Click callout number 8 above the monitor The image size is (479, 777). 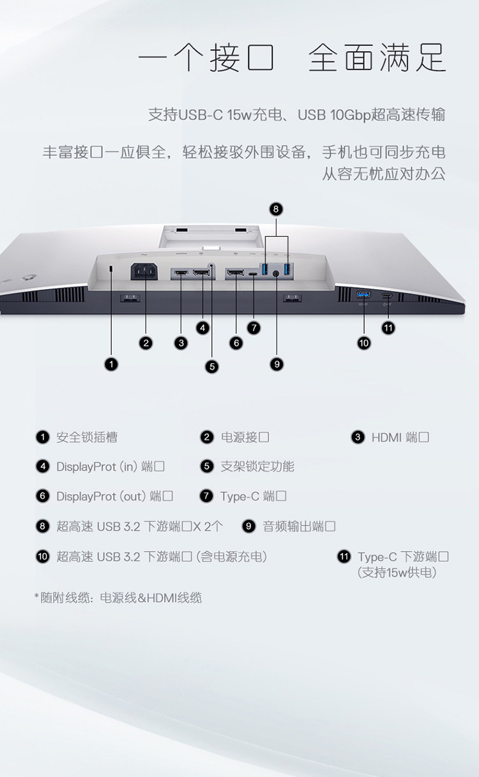pos(276,209)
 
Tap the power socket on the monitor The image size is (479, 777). pos(144,271)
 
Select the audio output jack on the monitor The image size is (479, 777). pos(277,274)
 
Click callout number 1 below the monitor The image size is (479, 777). pos(111,364)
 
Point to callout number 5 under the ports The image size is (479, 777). pos(212,366)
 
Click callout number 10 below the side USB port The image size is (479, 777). pos(364,343)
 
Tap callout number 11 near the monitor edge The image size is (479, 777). pos(388,328)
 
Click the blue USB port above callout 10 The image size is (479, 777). pos(363,295)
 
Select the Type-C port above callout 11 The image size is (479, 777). pos(387,296)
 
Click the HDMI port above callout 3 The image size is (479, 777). pos(181,273)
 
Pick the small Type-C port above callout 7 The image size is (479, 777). pos(254,275)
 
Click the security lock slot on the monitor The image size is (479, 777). pos(110,269)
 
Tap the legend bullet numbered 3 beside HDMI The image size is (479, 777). pos(358,437)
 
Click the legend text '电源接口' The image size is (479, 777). pos(245,437)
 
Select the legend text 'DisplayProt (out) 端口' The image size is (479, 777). pos(115,496)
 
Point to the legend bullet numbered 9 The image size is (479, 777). pos(248,526)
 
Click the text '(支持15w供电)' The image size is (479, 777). pos(397,572)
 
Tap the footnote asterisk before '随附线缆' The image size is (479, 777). pos(36,596)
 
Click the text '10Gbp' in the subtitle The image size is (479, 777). pos(350,115)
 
